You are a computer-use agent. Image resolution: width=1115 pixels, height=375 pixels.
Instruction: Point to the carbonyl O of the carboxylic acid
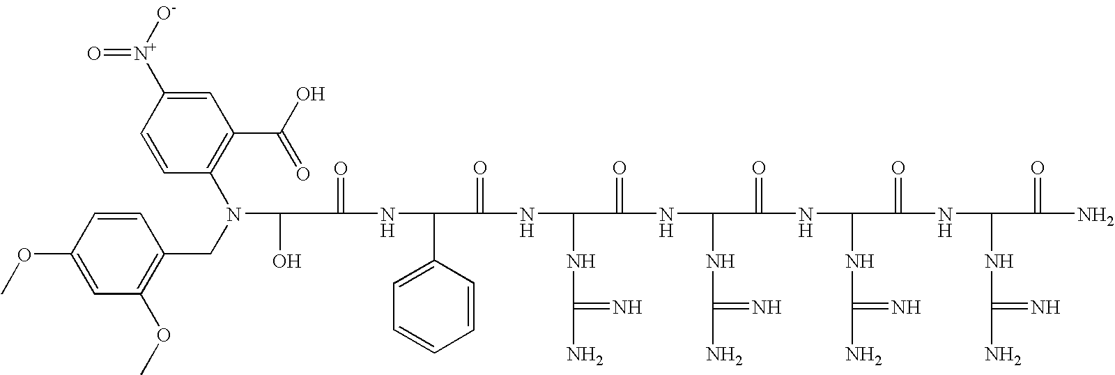[302, 173]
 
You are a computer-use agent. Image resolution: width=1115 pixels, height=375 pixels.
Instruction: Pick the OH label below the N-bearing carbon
[286, 261]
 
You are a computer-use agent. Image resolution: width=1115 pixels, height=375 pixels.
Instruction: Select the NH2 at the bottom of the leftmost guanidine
[584, 357]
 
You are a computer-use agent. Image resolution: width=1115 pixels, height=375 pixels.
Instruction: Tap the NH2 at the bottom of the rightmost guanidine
[1002, 357]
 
